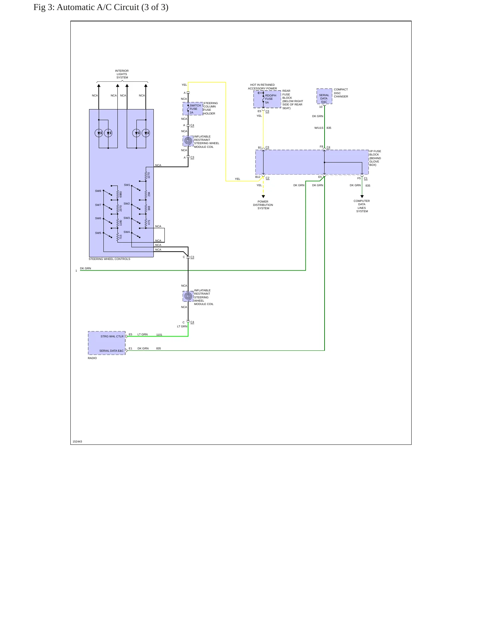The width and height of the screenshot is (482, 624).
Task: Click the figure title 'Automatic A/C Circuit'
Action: coord(98,7)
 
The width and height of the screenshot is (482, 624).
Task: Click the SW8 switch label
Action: coord(98,191)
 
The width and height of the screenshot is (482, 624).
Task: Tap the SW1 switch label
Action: coord(127,185)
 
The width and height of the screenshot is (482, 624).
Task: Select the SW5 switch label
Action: coord(98,233)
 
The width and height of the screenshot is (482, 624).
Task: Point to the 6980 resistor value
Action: coord(121,194)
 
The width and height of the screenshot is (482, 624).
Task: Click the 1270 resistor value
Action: coord(149,175)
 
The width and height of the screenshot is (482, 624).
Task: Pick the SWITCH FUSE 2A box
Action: coord(193,109)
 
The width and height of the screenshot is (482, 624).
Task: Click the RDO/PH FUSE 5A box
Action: coord(267,99)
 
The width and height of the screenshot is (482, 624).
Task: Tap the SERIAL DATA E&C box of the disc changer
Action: coord(324,96)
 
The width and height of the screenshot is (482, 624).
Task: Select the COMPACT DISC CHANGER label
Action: coord(341,93)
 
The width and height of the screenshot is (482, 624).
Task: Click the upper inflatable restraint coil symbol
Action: coord(188,141)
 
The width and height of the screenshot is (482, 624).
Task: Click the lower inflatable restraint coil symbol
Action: coord(188,296)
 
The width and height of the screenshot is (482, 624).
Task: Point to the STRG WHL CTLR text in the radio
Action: coord(112,336)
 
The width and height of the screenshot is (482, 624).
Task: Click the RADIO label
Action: coord(92,358)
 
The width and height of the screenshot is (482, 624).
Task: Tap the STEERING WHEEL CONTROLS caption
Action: coord(109,259)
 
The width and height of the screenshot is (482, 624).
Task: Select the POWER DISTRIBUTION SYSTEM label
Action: coord(263,205)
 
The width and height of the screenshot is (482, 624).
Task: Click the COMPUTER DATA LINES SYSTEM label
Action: coord(362,206)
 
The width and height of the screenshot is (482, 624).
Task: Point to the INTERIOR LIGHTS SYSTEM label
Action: coord(122,74)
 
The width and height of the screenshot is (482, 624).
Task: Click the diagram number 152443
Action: coord(77,441)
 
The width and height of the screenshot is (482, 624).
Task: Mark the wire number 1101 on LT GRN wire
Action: coord(159,335)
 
